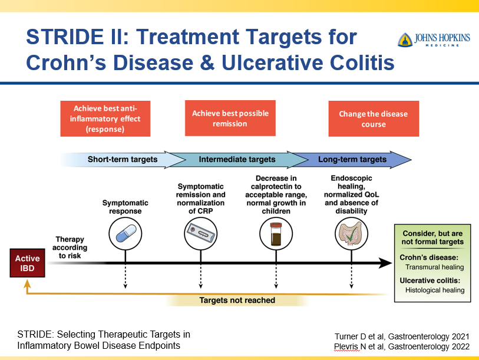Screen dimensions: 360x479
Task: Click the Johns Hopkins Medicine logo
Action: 434,40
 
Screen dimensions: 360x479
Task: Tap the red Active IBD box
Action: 27,263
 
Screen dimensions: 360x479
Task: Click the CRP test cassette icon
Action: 201,235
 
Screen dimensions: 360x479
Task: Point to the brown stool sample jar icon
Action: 276,235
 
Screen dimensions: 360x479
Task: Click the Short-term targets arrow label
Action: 123,159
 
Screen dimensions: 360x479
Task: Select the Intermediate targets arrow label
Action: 237,159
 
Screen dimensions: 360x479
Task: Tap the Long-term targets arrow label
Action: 352,159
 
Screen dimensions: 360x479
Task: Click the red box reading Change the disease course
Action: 374,119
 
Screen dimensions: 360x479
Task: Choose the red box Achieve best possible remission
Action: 230,118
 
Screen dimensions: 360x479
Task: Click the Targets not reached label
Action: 237,300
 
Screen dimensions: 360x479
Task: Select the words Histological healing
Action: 435,290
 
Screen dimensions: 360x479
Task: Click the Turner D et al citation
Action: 402,336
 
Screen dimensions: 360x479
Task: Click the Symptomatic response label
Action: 125,207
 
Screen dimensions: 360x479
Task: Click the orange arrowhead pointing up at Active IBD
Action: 27,284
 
